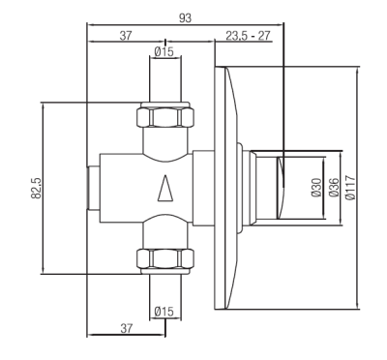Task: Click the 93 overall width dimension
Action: coord(185,18)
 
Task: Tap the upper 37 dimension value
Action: coord(126,36)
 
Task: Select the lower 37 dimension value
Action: coord(127,328)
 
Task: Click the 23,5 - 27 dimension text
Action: coord(248,36)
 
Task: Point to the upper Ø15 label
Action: coord(164,51)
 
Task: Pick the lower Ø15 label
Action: coord(164,312)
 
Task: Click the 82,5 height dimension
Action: coord(36,188)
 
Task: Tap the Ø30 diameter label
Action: coord(316,188)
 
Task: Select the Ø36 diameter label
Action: coord(334,188)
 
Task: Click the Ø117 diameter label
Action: coord(350,188)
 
